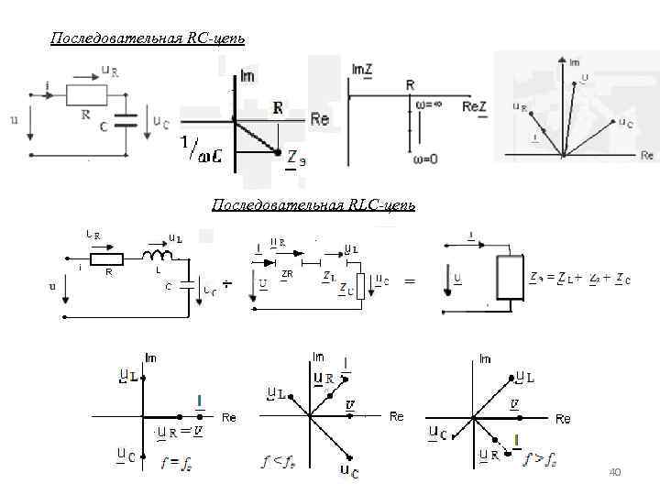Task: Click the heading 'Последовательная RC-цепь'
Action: tap(148, 38)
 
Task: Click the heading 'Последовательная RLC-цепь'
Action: tap(313, 205)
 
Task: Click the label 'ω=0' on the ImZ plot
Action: tap(422, 158)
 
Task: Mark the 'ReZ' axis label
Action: tap(474, 107)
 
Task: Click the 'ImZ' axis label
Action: tap(362, 69)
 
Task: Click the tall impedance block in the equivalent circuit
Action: tap(506, 280)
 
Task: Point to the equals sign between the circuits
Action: tap(410, 281)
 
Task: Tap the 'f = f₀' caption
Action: tap(175, 462)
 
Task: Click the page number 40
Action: tap(615, 472)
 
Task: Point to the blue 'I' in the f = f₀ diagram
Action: tap(199, 401)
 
